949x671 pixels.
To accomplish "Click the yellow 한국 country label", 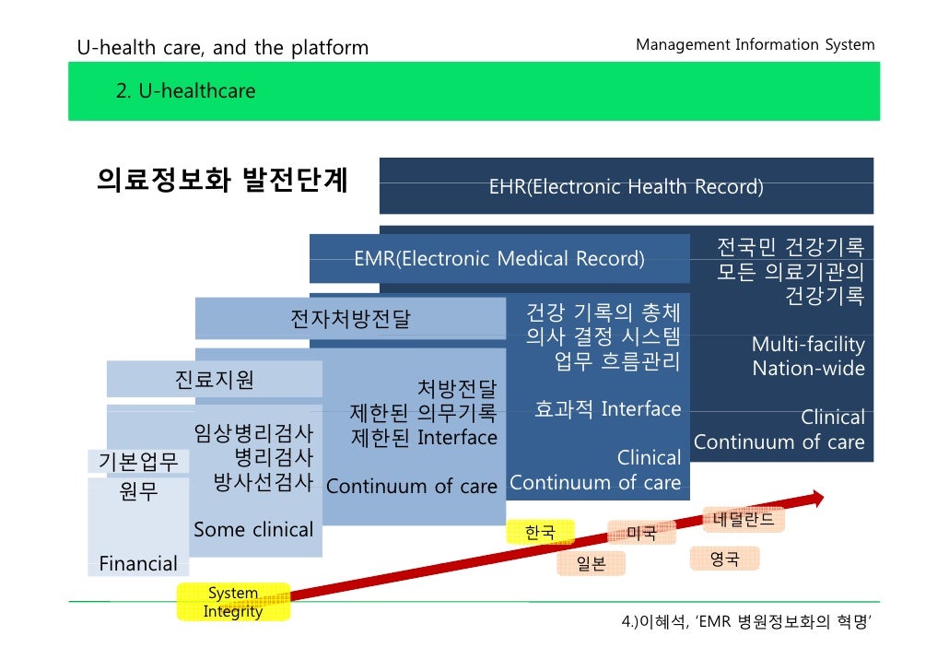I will [540, 532].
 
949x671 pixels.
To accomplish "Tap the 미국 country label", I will [641, 533].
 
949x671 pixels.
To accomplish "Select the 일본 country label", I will [592, 563].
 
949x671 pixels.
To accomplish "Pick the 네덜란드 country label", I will [744, 519].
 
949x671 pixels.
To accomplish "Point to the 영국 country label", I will [724, 559].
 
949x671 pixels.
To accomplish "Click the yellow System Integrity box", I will [233, 602].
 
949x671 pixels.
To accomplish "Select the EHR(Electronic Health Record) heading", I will [626, 187].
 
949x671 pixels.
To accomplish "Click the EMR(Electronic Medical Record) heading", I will [498, 258].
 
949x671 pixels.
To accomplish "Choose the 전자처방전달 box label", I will [350, 319].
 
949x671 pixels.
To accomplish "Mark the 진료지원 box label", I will [214, 379].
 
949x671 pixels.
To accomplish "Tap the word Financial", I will [138, 563].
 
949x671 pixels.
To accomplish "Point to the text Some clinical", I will [253, 529].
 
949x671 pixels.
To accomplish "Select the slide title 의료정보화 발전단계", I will [222, 179].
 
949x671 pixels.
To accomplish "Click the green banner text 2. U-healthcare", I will [185, 90].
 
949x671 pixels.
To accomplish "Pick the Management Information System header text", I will [755, 44].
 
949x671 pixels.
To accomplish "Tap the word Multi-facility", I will [808, 345].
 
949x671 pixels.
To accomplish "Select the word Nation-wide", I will [808, 369].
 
